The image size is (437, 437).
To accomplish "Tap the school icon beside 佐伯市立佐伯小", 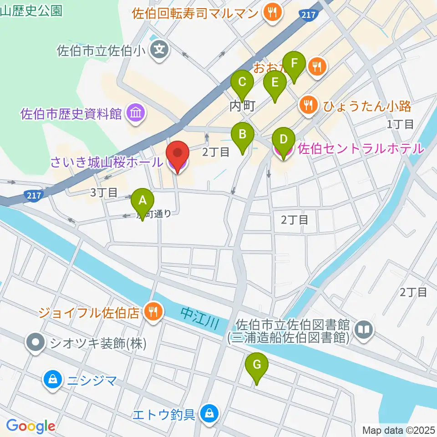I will (160, 50).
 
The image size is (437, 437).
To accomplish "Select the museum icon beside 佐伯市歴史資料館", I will (135, 113).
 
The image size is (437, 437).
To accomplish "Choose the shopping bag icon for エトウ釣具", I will (209, 414).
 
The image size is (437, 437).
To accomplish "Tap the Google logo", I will (31, 427).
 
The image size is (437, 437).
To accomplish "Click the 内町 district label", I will (242, 106).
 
